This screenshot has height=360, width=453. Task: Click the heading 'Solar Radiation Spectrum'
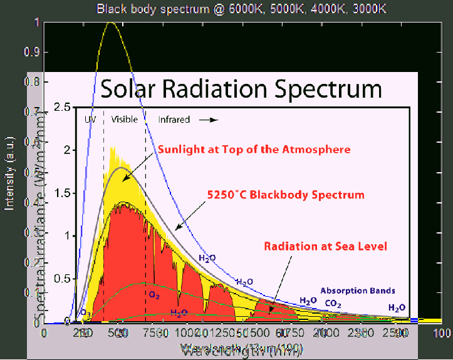(241, 89)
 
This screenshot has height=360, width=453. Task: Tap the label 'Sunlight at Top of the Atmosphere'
(253, 150)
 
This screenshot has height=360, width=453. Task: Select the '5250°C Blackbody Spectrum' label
(286, 195)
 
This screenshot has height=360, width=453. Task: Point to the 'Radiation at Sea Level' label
(325, 246)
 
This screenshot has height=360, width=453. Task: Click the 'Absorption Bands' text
(358, 291)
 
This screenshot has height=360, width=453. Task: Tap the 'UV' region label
(89, 119)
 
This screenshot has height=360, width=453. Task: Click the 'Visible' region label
(123, 119)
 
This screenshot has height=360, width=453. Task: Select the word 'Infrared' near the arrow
(172, 119)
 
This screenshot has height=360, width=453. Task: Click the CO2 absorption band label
(333, 304)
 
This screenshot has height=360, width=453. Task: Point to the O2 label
(154, 293)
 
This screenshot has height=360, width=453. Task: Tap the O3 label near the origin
(85, 312)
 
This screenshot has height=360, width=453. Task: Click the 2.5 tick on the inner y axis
(60, 108)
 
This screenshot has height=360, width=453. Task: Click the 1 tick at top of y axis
(36, 23)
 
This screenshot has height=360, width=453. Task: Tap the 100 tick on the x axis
(442, 332)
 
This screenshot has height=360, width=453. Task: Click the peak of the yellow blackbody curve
(112, 23)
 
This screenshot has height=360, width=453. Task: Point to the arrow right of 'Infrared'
(213, 119)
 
